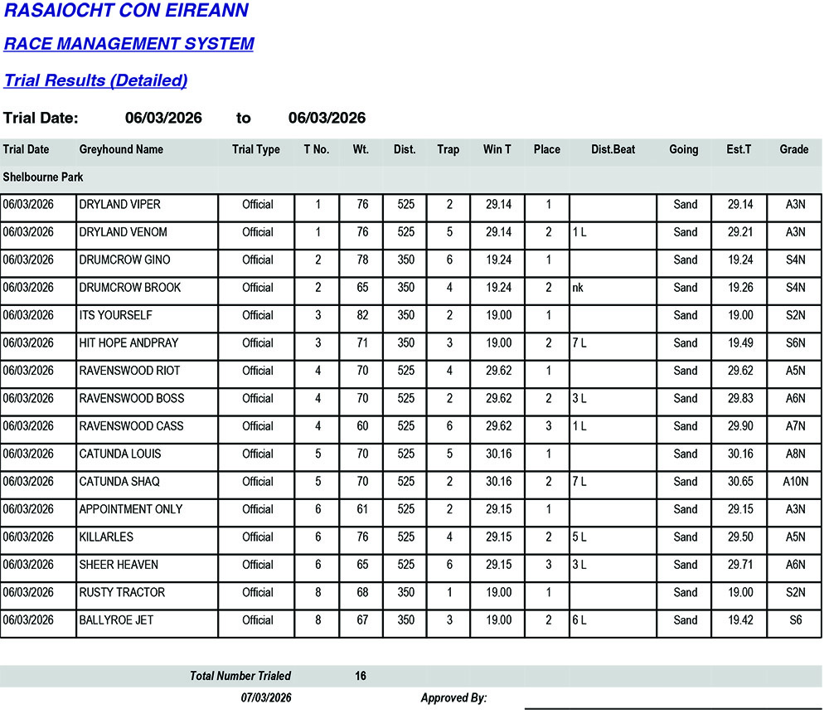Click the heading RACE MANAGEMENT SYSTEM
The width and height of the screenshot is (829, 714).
click(128, 44)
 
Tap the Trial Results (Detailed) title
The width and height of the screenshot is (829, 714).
click(95, 80)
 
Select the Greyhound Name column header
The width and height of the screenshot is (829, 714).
click(121, 150)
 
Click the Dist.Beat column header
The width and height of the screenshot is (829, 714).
click(613, 150)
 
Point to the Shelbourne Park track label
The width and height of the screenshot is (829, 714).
click(43, 177)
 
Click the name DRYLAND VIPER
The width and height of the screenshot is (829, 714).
click(119, 205)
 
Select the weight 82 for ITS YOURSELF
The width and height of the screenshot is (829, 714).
click(362, 316)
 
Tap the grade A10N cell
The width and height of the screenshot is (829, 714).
click(794, 482)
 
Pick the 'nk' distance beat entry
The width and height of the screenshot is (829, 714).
click(579, 288)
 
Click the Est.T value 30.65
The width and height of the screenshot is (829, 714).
click(740, 482)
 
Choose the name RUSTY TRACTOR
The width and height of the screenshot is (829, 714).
click(122, 593)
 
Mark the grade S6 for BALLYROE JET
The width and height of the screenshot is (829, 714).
click(794, 620)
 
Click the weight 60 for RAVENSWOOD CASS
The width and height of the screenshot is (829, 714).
click(362, 426)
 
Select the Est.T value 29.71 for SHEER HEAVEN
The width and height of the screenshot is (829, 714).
click(740, 565)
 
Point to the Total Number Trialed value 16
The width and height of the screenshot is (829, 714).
click(361, 677)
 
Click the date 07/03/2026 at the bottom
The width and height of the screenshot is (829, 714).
click(266, 698)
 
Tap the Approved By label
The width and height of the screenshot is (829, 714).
click(453, 698)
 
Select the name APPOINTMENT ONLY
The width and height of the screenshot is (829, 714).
click(131, 509)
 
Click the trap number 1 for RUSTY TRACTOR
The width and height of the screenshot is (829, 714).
click(449, 593)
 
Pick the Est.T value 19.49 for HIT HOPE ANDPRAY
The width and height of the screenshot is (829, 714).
click(740, 343)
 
